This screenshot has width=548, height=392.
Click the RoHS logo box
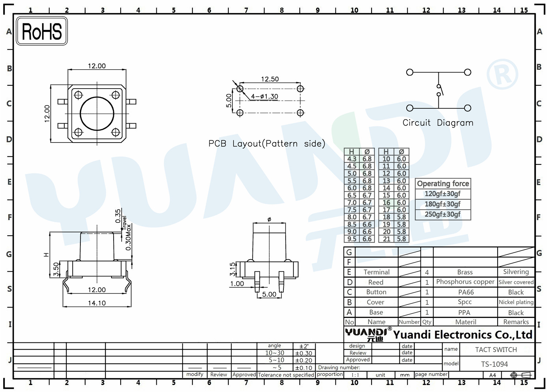[x=42, y=31]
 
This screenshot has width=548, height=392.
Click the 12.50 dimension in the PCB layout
[x=270, y=79]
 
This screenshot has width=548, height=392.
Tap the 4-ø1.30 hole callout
[x=265, y=97]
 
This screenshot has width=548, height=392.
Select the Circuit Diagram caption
[x=438, y=123]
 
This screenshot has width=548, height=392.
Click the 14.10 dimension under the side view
[x=97, y=303]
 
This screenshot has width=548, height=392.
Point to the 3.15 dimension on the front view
[x=232, y=269]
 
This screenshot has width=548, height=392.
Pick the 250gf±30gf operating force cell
[x=442, y=214]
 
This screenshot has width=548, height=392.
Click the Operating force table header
[x=443, y=184]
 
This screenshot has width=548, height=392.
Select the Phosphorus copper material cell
[x=465, y=282]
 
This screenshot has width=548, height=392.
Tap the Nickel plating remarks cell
[x=516, y=302]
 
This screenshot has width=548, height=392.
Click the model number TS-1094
[x=494, y=364]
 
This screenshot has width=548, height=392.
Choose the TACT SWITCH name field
[x=496, y=350]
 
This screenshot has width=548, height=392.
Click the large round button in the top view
[x=97, y=114]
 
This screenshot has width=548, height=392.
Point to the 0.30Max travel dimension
[x=128, y=237]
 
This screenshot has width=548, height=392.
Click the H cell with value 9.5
[x=352, y=239]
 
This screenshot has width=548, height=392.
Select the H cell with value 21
[x=386, y=239]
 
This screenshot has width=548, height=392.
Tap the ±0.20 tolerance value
[x=304, y=360]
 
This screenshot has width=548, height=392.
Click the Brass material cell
[x=465, y=272]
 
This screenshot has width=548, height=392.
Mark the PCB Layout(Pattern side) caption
[x=267, y=144]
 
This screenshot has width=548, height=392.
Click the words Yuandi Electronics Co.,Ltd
[x=463, y=335]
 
